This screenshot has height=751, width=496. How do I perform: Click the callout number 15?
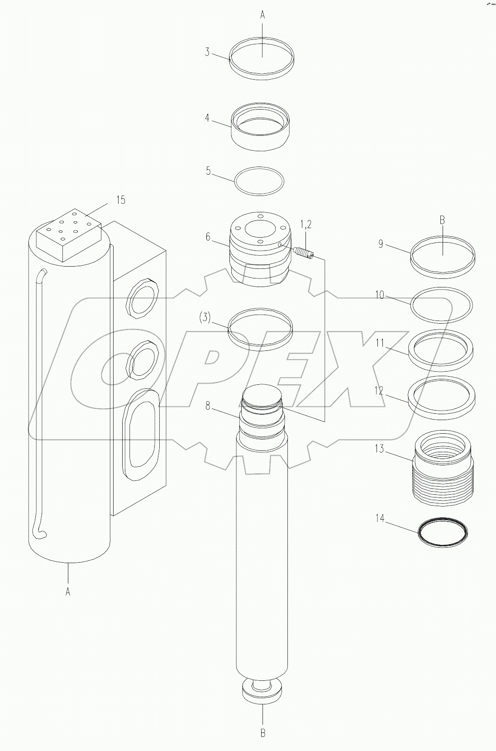[x=120, y=200]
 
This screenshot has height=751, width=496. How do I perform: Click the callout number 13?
[x=379, y=449]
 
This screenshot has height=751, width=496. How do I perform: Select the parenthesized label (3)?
[x=205, y=317]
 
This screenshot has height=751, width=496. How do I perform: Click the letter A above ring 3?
[x=262, y=14]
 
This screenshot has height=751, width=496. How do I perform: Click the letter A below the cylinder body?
[x=68, y=592]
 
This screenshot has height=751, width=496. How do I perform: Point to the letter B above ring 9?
[x=442, y=220]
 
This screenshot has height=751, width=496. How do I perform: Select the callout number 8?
[x=208, y=406]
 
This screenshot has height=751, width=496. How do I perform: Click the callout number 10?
[x=379, y=295]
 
